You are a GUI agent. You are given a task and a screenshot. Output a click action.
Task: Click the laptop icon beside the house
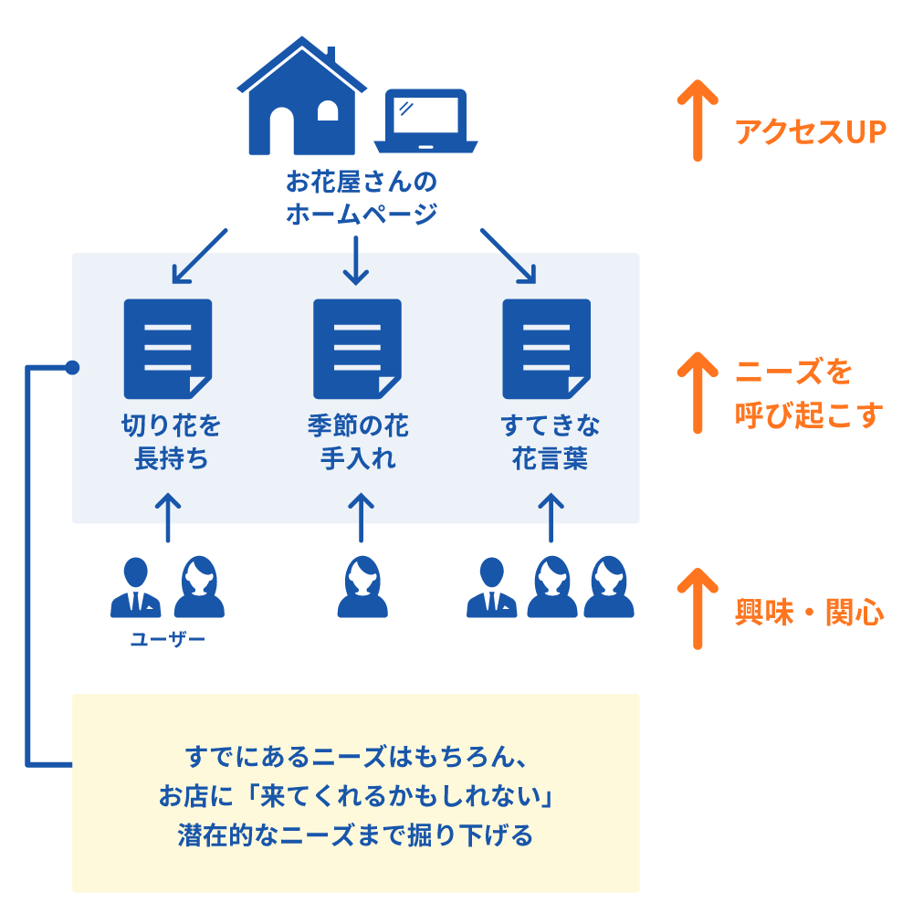pos(425,121)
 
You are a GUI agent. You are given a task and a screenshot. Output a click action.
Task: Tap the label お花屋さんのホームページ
pos(361,197)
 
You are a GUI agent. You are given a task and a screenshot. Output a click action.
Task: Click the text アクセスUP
pos(811,132)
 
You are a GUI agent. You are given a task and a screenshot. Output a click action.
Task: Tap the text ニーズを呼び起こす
pos(809,394)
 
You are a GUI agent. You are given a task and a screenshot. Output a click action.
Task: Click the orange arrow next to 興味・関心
pos(698,608)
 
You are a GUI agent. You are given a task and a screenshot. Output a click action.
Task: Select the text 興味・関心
pos(809,613)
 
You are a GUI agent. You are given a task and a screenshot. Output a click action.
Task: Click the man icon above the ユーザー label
pos(136,589)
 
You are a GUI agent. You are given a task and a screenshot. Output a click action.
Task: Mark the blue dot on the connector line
pos(73,368)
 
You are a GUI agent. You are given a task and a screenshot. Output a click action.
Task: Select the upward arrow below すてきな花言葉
pos(551,519)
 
